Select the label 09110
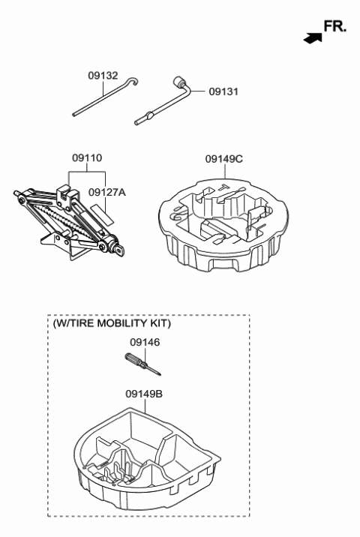point(87,158)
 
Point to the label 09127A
point(107,192)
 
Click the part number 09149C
point(224,158)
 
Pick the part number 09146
point(145,342)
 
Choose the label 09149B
point(145,393)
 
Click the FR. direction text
point(334,27)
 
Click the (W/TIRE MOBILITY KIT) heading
point(112,323)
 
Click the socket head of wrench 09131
point(179,81)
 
